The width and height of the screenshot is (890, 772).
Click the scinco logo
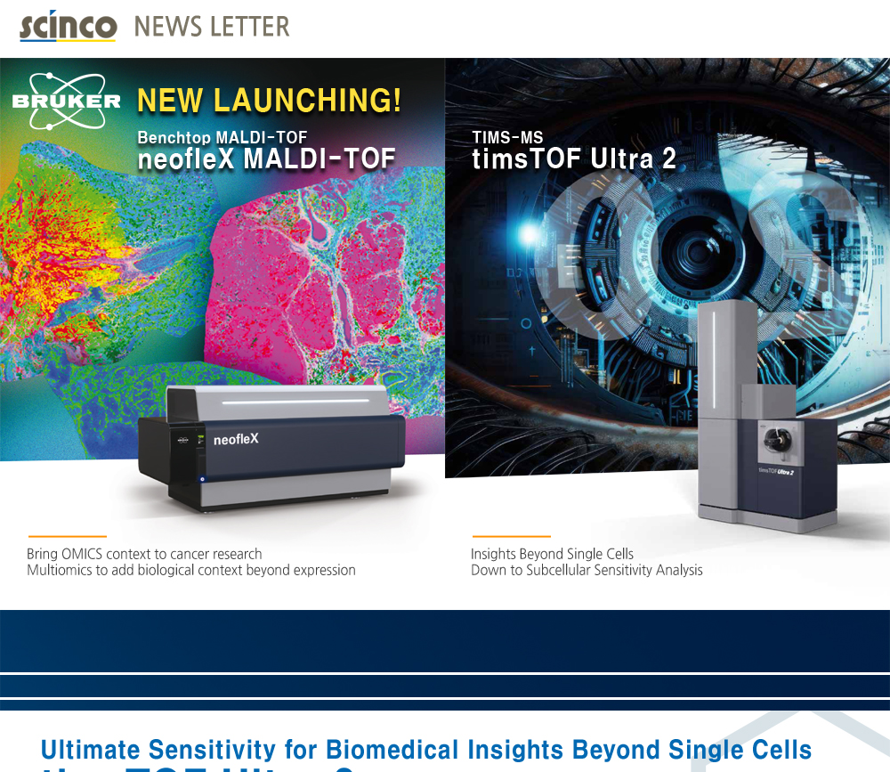68,26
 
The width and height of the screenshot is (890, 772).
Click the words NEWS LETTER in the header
212,27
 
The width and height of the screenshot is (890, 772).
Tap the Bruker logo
67,98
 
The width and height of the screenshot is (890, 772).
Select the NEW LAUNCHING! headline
269,101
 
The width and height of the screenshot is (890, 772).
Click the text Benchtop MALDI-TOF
222,138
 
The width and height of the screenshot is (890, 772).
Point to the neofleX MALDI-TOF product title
266,159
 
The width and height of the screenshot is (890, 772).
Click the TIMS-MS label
507,138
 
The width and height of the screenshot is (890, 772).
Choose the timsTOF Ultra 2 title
574,159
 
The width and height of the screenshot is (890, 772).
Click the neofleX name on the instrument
236,439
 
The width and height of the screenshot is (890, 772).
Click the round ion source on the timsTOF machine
773,439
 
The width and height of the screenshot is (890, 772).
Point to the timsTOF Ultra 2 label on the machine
775,471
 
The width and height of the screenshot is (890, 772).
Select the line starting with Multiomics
191,570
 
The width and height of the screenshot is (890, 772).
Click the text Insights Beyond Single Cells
552,554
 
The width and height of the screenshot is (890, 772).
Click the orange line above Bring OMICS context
67,537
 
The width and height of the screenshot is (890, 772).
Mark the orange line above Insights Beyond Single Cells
498,537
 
